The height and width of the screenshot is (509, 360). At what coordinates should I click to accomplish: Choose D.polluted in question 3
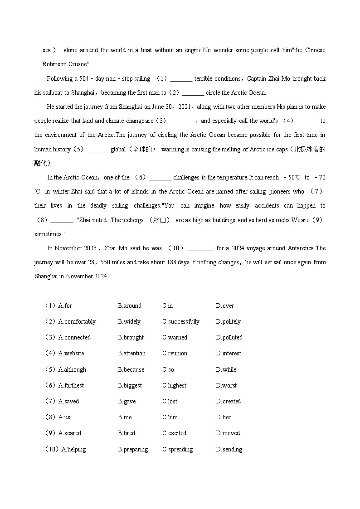point(229,338)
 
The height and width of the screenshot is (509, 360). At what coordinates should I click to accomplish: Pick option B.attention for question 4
point(131,354)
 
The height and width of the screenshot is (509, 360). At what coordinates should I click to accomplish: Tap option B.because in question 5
point(131,370)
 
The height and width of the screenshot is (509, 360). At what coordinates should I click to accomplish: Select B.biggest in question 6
point(130,386)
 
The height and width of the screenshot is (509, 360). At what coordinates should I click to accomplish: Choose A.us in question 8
point(64,417)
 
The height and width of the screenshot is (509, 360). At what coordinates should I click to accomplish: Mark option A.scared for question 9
point(69,433)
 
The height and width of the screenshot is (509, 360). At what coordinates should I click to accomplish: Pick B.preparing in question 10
point(133,450)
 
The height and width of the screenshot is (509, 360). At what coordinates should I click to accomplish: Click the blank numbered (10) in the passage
point(200,248)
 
